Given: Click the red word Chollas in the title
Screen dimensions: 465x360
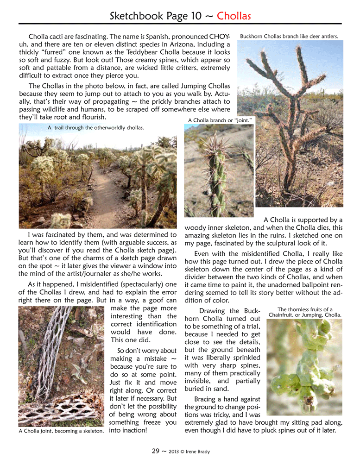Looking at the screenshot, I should pos(234,16).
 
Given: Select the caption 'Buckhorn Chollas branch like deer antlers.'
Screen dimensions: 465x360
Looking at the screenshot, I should pos(289,36).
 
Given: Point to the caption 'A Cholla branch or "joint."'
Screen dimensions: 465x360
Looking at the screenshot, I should pos(220,120).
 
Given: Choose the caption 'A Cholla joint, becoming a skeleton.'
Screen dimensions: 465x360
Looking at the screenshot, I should pos(61,431).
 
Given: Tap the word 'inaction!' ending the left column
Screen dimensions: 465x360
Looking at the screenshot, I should pos(128,430).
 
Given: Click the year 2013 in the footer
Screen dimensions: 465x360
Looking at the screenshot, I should pos(175,450).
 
